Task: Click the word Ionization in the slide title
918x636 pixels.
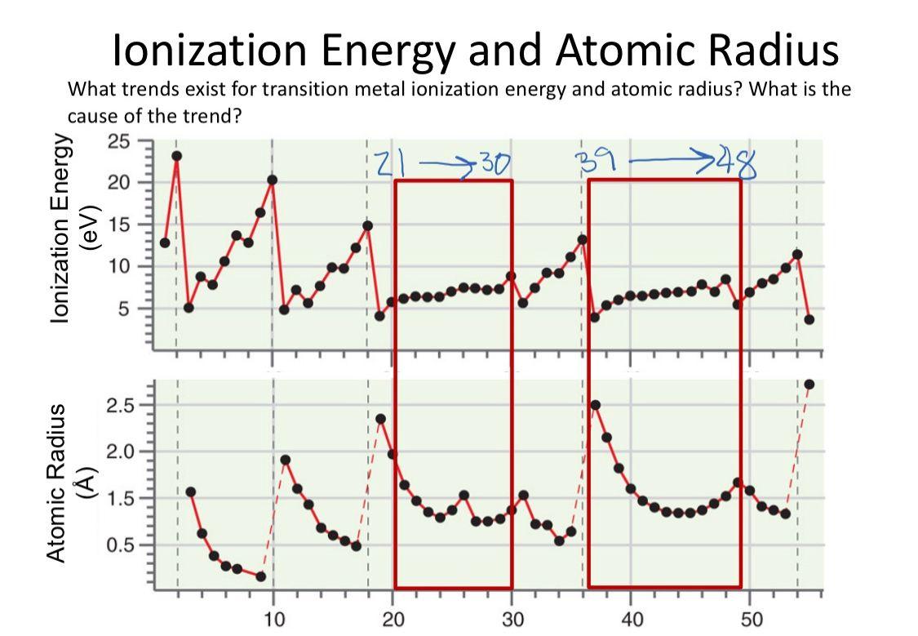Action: point(210,50)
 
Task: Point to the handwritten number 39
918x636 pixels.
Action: point(593,161)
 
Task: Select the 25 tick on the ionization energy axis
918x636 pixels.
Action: point(118,140)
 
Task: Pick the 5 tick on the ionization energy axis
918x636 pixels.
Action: point(124,309)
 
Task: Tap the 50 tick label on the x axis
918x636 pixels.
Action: point(751,618)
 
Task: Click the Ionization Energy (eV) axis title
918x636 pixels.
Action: point(69,230)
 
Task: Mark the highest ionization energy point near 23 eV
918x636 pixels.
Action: point(176,156)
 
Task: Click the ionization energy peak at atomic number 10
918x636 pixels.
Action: point(272,180)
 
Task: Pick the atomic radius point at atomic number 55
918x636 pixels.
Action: point(809,384)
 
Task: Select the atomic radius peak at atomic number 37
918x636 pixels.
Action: point(595,405)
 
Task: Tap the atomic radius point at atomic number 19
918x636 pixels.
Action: point(380,419)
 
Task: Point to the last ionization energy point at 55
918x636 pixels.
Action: point(809,319)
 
